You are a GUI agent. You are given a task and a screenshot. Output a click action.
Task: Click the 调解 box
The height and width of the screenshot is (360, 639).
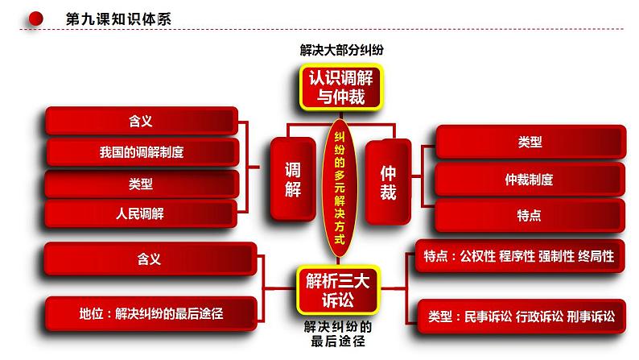[293, 179]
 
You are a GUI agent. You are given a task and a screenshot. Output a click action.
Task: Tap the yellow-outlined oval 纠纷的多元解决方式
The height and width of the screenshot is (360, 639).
[340, 184]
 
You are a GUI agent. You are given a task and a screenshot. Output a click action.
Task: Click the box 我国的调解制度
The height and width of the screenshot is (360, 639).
[141, 151]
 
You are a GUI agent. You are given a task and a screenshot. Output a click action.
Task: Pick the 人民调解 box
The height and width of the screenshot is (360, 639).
[141, 214]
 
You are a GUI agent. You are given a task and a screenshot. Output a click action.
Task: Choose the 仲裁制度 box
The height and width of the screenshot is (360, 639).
[529, 180]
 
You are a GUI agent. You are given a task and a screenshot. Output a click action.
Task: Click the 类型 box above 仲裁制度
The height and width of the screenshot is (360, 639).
[529, 142]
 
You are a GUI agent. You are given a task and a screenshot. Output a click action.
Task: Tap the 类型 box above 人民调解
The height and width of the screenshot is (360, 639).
[141, 184]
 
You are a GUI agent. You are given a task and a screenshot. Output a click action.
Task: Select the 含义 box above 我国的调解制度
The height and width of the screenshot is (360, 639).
[141, 121]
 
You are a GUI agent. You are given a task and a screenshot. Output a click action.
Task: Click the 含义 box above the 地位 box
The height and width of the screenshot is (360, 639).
[149, 259]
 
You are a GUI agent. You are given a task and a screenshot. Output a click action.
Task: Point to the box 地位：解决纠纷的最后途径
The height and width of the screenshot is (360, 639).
[150, 314]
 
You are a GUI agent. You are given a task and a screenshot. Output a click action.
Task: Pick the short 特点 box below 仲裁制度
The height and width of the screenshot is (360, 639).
[529, 215]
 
